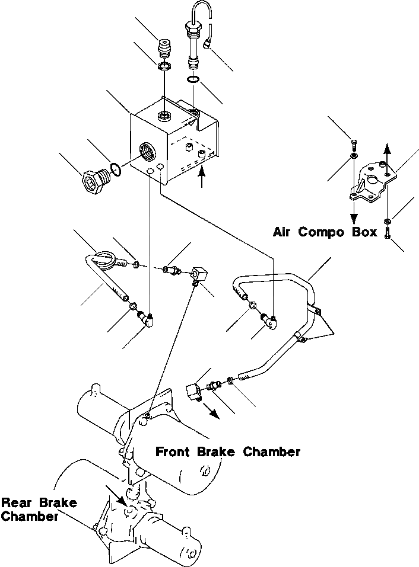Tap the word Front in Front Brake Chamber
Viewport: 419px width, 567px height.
pyautogui.click(x=173, y=452)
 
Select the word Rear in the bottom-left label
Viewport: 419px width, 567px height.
pyautogui.click(x=16, y=503)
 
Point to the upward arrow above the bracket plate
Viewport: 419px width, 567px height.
pyautogui.click(x=387, y=152)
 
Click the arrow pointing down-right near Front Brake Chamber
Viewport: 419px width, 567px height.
pyautogui.click(x=211, y=411)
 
